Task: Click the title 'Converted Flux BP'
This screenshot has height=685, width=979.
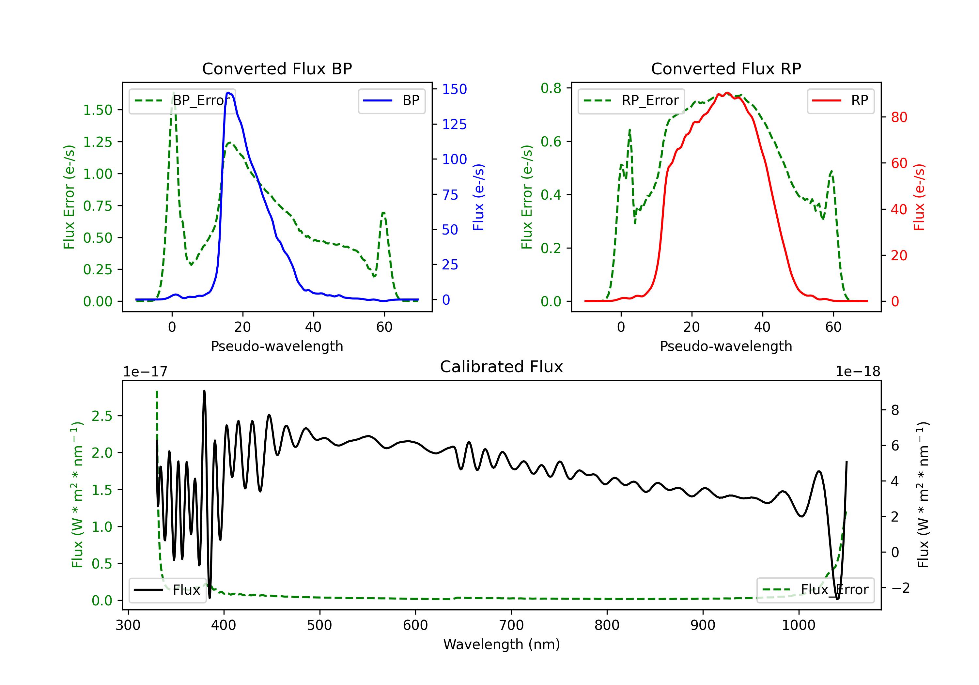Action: [x=277, y=68]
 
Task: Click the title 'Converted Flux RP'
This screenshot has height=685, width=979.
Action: [x=726, y=68]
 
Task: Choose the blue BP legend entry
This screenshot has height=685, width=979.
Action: [x=391, y=100]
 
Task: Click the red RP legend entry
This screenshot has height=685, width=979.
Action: [x=840, y=100]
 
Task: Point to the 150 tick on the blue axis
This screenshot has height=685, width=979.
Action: [x=454, y=89]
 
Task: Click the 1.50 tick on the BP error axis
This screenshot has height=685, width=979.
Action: [x=98, y=110]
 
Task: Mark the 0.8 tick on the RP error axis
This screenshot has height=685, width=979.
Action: [x=551, y=88]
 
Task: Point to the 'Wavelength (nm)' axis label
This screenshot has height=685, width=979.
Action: [x=502, y=644]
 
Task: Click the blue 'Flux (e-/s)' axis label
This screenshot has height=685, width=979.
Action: [x=478, y=197]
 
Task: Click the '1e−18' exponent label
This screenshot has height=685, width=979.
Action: [x=858, y=372]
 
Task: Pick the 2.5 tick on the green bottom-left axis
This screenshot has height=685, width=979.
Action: [x=102, y=416]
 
